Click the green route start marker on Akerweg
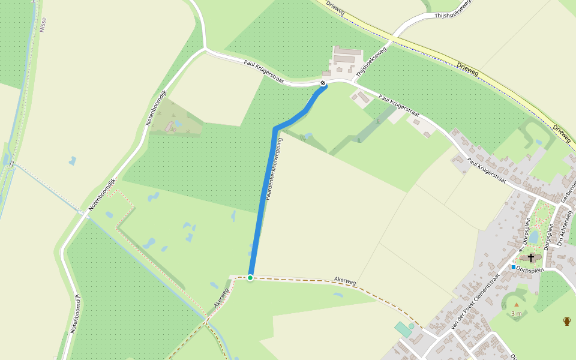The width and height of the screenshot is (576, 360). (x=250, y=277)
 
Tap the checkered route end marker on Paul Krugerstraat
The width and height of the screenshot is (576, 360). (x=323, y=83)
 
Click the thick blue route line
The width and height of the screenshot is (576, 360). (x=262, y=198)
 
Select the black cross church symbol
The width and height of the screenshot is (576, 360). (x=530, y=257)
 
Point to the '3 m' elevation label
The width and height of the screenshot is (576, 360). (x=517, y=313)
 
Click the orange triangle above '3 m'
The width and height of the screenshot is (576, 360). (x=516, y=305)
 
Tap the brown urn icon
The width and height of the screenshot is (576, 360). (x=566, y=321)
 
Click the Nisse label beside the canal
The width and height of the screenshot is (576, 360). (x=43, y=24)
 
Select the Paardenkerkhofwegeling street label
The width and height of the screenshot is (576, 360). (x=274, y=169)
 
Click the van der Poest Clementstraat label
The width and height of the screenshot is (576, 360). (x=474, y=304)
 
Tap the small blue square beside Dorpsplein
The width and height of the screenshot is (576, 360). (x=514, y=266)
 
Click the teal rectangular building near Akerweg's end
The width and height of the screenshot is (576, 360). (x=403, y=329)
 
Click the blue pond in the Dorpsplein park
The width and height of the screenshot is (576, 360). (x=533, y=238)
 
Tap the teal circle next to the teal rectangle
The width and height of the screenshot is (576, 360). (x=412, y=326)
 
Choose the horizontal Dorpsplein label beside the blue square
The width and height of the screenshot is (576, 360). (x=530, y=269)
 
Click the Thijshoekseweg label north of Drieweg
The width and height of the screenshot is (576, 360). (x=453, y=9)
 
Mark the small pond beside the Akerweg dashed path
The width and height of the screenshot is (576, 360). (x=338, y=295)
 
